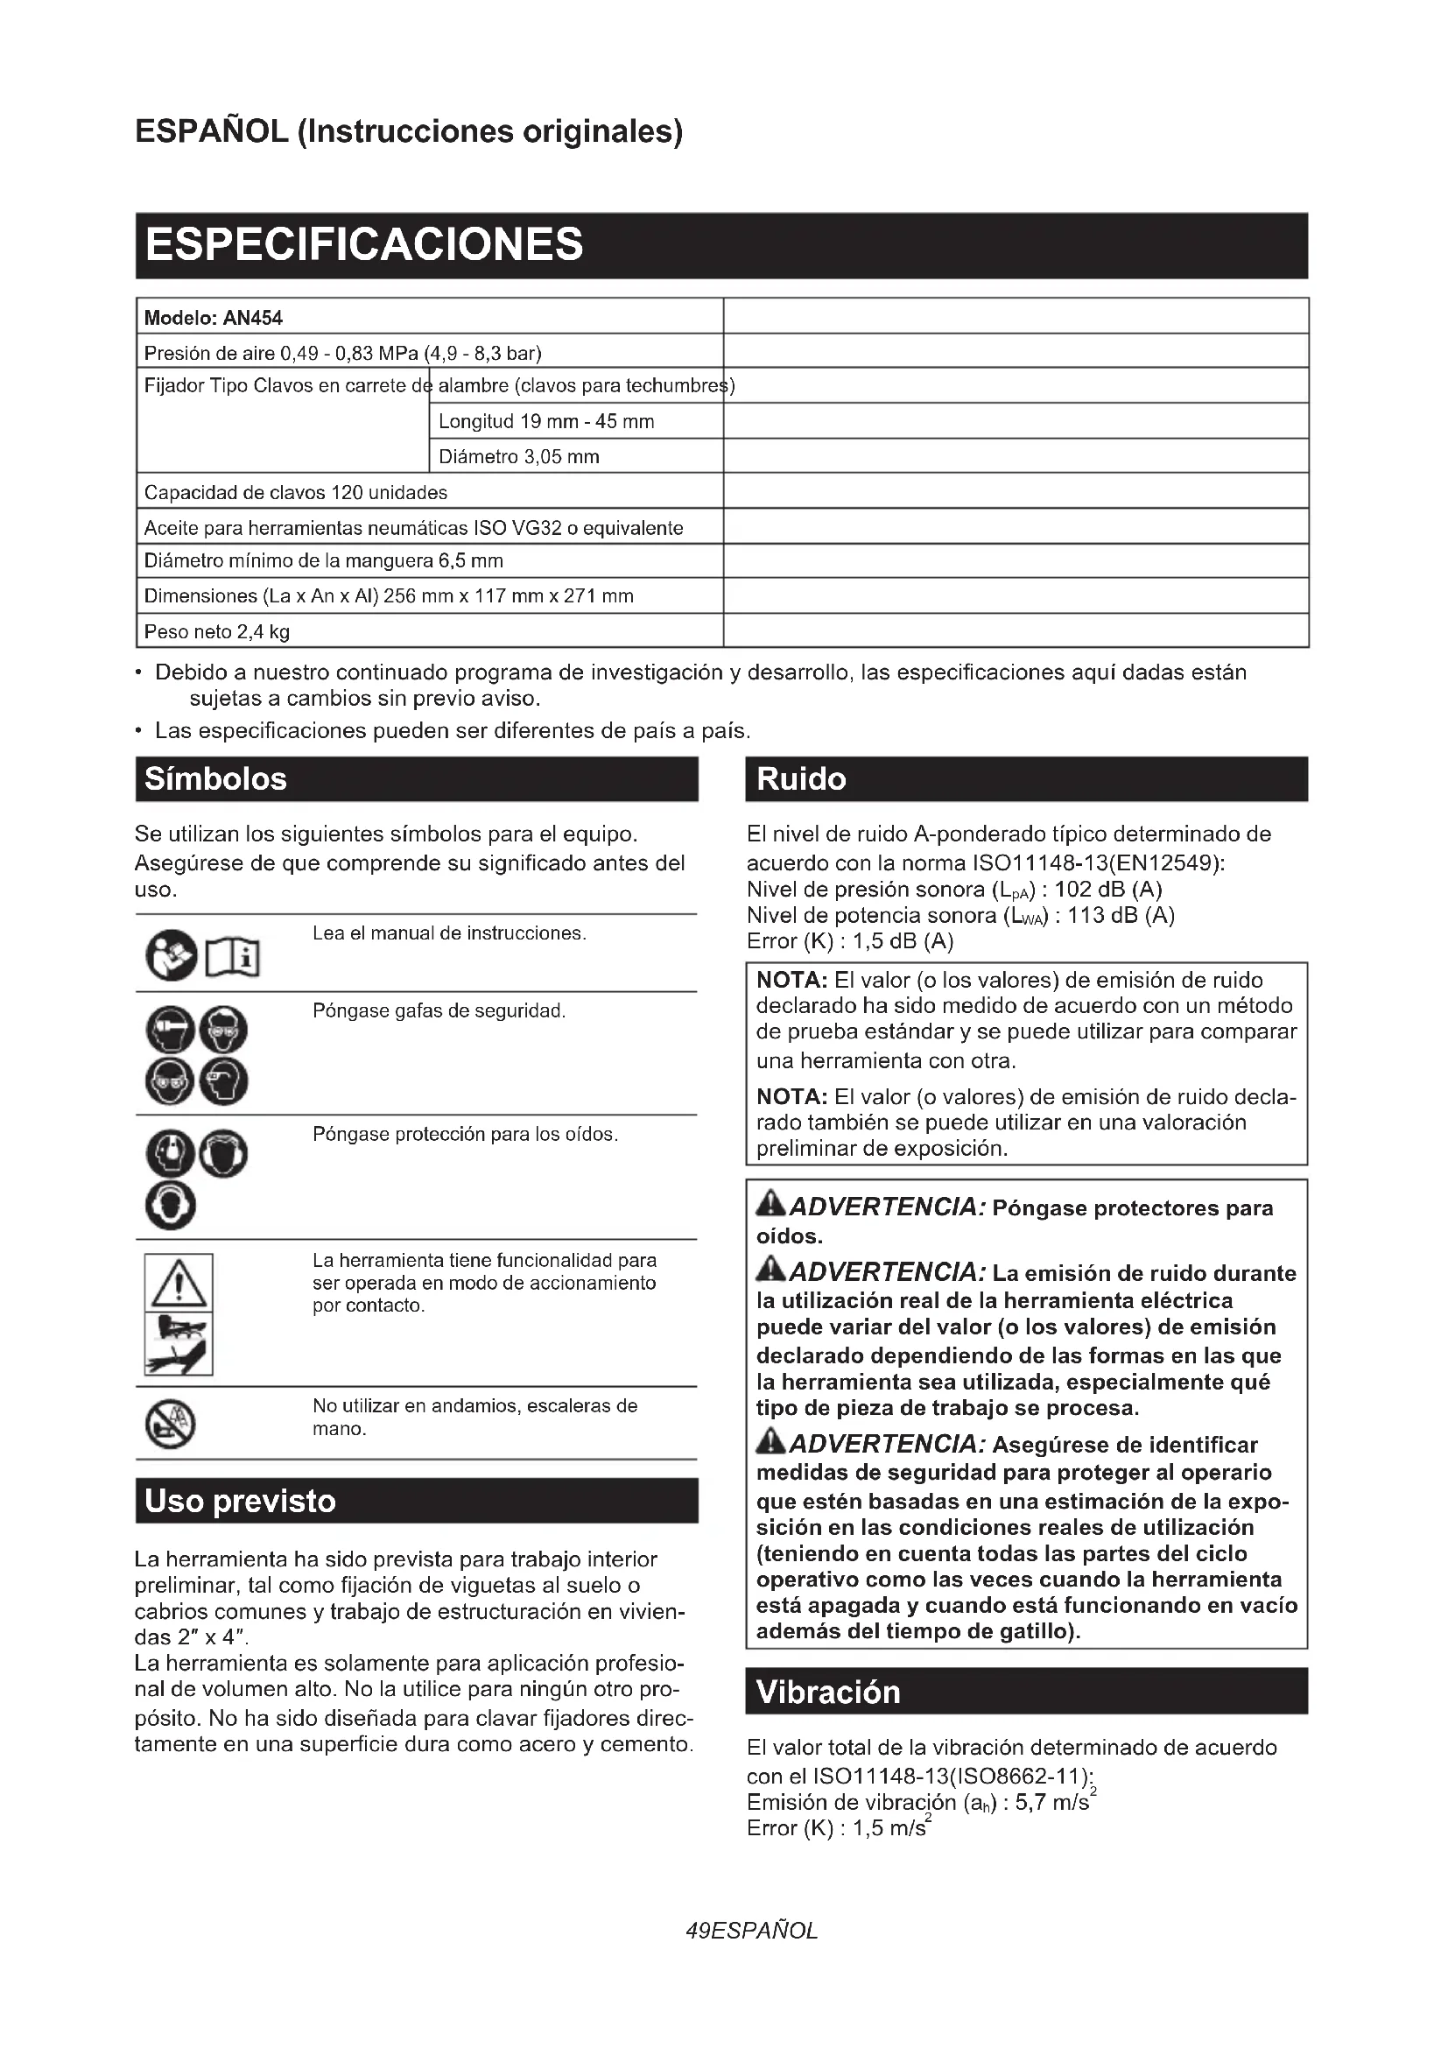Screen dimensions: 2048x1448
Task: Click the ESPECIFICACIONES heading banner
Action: pyautogui.click(x=720, y=245)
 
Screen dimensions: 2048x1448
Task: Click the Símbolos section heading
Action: pyautogui.click(x=417, y=778)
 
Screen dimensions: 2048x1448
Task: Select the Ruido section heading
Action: pyautogui.click(x=1025, y=778)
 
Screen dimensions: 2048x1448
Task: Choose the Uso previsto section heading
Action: pyautogui.click(x=417, y=1501)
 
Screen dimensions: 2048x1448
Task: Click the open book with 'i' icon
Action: pyautogui.click(x=233, y=958)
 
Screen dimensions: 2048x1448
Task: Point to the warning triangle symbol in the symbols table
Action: pyautogui.click(x=179, y=1283)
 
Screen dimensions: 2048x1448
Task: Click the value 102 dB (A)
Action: pyautogui.click(x=1108, y=890)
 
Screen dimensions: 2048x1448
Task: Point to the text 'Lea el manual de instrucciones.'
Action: pyautogui.click(x=449, y=933)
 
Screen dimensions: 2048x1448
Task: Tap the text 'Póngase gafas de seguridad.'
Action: pyautogui.click(x=439, y=1010)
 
